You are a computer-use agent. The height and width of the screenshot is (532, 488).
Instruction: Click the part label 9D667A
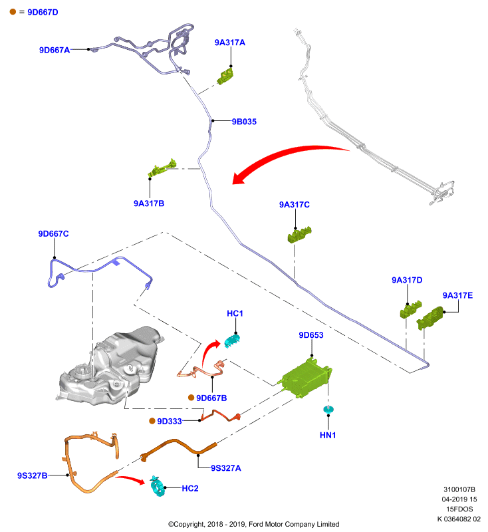click(x=55, y=50)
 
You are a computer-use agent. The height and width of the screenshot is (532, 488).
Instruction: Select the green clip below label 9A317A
click(x=225, y=76)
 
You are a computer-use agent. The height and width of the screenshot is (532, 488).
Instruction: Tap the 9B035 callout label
click(x=244, y=122)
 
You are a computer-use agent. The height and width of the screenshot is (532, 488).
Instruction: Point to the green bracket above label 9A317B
click(x=162, y=168)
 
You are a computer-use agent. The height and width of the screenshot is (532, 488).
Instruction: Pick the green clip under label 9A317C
click(x=299, y=235)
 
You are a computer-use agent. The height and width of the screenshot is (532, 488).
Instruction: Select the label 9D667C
click(x=53, y=234)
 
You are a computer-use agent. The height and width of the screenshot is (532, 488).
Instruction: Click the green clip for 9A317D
click(x=411, y=309)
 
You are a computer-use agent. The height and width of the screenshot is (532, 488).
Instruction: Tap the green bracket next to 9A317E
click(x=430, y=318)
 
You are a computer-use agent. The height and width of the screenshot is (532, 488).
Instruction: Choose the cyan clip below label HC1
click(x=233, y=340)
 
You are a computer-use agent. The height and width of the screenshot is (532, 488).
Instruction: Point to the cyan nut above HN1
click(x=328, y=410)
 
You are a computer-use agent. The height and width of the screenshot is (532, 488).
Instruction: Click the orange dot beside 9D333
click(x=152, y=421)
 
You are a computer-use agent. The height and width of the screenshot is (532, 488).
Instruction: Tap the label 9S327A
click(x=226, y=468)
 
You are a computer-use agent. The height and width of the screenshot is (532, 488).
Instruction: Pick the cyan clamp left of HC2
click(x=158, y=486)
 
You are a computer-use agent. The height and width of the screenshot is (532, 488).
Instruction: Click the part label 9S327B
click(x=32, y=475)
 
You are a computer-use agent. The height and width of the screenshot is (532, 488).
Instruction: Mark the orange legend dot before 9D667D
click(x=13, y=12)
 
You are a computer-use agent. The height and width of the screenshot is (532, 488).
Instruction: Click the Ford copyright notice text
click(x=254, y=524)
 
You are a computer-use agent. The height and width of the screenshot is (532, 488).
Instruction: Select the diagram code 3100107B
click(x=459, y=489)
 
